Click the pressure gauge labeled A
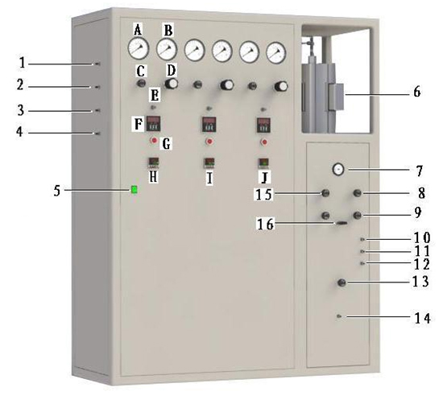click(x=139, y=48)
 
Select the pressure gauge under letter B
click(x=167, y=49)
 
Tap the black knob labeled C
click(x=141, y=83)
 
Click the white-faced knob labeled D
click(x=172, y=84)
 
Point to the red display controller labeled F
click(x=153, y=123)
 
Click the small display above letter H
click(x=154, y=163)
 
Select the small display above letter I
click(x=209, y=163)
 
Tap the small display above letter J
click(x=263, y=163)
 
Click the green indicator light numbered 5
click(x=135, y=189)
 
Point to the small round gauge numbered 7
click(x=338, y=169)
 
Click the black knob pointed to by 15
click(x=325, y=193)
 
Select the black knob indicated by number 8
click(x=358, y=193)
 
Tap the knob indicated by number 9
click(x=358, y=216)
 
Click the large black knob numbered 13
click(x=342, y=282)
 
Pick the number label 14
click(x=422, y=318)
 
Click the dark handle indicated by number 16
click(x=342, y=223)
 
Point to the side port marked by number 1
click(x=97, y=64)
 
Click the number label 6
click(x=417, y=92)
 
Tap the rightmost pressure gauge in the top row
click(x=276, y=52)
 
